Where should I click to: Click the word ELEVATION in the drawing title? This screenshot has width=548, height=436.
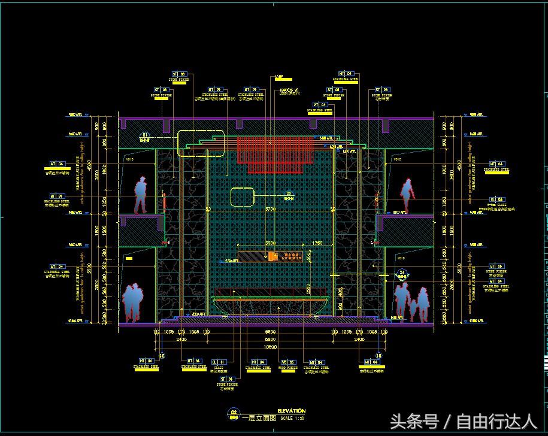(292, 411)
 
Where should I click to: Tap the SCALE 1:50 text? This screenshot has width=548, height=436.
(293, 418)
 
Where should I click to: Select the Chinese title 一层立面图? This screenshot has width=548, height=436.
(258, 418)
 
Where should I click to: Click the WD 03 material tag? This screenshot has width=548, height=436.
(288, 362)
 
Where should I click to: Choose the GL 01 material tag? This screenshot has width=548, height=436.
(219, 362)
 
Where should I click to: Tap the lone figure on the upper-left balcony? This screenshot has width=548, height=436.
(140, 195)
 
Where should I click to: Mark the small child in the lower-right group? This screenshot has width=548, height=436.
(412, 309)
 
